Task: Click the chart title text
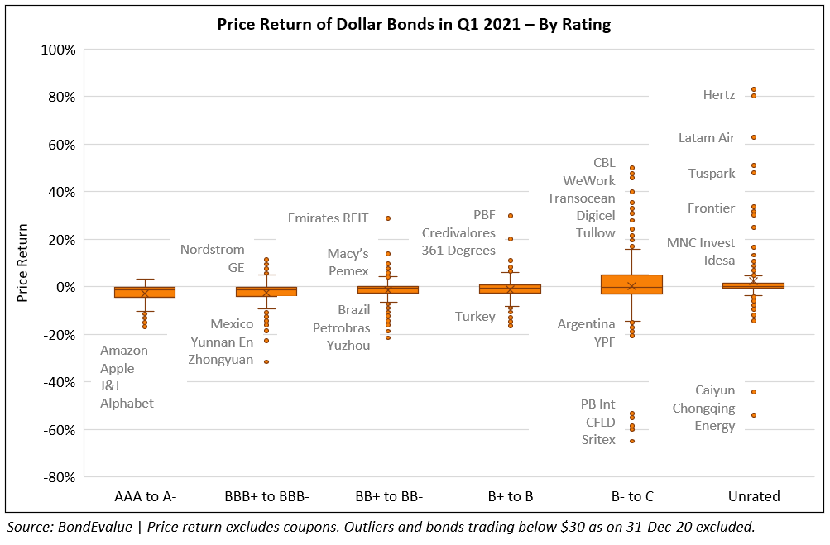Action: (x=414, y=24)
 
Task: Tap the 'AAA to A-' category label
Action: (x=145, y=496)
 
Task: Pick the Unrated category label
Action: (x=754, y=496)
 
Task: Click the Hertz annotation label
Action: (x=718, y=95)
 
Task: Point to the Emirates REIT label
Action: (x=329, y=218)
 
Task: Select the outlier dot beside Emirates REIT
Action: (x=388, y=218)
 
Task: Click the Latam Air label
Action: (x=706, y=138)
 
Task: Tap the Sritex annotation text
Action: (x=598, y=440)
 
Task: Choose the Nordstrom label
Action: (x=213, y=250)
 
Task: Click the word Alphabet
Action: (x=127, y=404)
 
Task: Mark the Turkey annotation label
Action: (x=475, y=317)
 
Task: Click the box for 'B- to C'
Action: (x=631, y=284)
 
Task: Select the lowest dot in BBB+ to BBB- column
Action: (x=266, y=361)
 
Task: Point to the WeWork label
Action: (x=589, y=180)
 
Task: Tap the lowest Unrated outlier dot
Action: (x=754, y=415)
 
